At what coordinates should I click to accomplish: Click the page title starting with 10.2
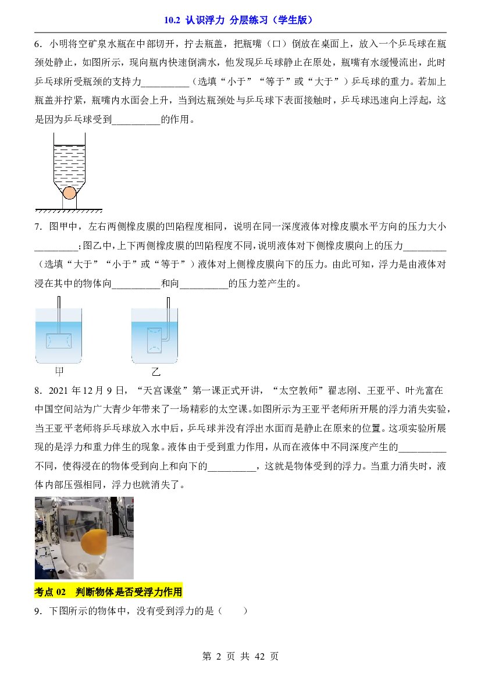pos(238,20)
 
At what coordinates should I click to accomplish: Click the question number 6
pos(38,44)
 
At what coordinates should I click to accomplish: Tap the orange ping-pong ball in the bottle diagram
pos(69,193)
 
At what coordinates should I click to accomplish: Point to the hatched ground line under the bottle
pos(69,211)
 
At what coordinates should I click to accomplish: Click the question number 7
pos(38,227)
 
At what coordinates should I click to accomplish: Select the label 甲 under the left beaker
pos(59,371)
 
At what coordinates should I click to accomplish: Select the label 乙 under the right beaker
pos(155,372)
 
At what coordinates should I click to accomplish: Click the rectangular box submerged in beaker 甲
pos(59,340)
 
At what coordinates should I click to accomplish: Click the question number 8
pos(38,391)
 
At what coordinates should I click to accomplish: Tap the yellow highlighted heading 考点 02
pos(108,592)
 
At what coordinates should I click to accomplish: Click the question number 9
pos(38,611)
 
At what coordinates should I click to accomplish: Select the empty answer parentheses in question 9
pos(233,611)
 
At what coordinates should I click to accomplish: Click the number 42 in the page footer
pos(259,657)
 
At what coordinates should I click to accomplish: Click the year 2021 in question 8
pos(59,391)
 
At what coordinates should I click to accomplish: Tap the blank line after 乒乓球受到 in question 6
pos(136,120)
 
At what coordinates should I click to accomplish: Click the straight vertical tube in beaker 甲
pos(59,315)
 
